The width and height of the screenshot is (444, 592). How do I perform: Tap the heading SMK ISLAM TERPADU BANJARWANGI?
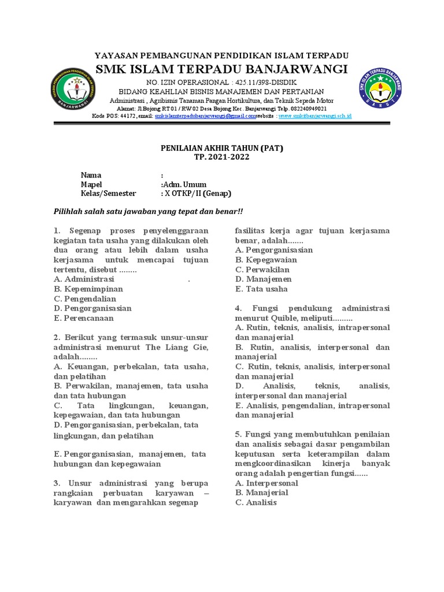221,70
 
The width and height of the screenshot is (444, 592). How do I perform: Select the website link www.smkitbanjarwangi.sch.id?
314,116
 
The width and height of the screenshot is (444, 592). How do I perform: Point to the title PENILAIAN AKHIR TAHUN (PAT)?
221,149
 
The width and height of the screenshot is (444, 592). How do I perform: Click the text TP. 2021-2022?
221,158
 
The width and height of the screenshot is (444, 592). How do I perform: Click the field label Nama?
91,175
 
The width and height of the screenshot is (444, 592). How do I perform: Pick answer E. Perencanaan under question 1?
84,318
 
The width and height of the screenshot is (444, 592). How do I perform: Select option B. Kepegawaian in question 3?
266,260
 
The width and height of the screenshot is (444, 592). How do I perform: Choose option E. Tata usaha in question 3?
261,288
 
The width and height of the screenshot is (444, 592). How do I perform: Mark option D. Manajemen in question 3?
263,279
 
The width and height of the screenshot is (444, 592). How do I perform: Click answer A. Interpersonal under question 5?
267,483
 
